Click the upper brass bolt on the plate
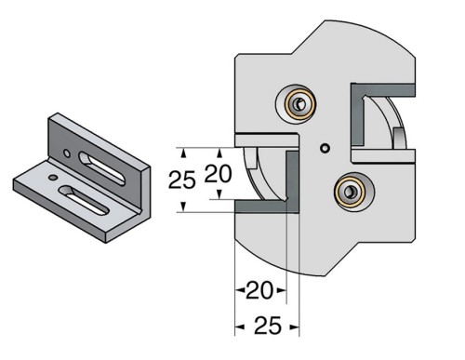coord(298,106)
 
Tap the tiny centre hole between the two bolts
coord(323,148)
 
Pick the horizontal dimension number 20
coord(259,292)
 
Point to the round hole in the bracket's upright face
coord(68,150)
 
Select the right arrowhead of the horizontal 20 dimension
coord(283,292)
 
